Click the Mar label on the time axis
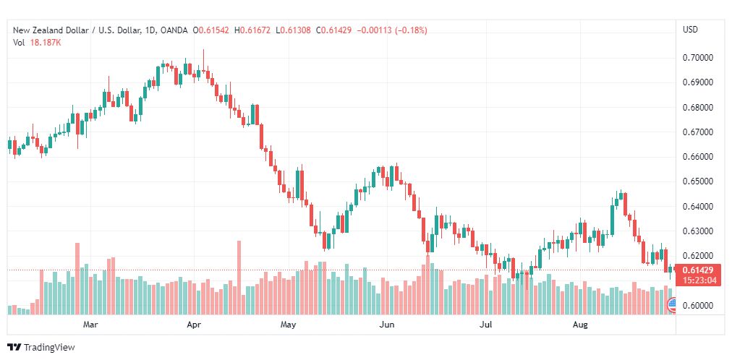point(90,325)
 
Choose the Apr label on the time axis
point(193,325)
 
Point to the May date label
point(289,325)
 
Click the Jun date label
point(387,325)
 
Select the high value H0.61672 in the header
point(251,30)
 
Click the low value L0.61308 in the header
point(293,30)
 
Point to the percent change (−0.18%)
point(408,30)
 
